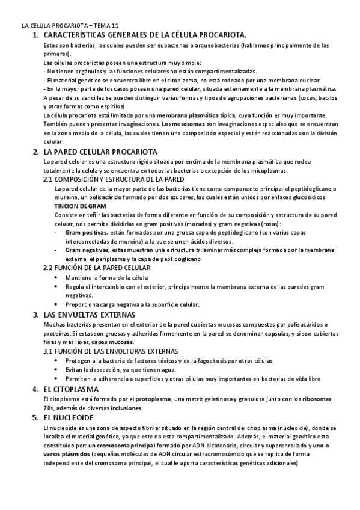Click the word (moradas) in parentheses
click(204, 223)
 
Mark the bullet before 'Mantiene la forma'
click(56, 277)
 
